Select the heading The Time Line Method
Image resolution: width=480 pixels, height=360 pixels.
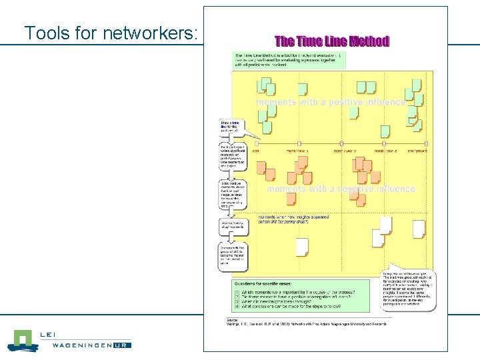point(332,41)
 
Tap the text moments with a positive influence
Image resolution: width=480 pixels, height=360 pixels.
point(330,103)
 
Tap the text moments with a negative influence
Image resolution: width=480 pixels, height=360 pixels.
point(341,189)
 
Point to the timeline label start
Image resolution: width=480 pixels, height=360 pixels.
point(256,151)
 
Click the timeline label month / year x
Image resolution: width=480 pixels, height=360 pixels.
point(297,151)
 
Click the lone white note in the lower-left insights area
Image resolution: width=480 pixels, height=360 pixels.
point(301,247)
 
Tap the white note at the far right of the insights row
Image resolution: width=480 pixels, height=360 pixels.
point(419,229)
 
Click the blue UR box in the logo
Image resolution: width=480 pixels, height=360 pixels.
point(121,345)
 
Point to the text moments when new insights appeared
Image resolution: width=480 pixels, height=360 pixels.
point(294,219)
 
